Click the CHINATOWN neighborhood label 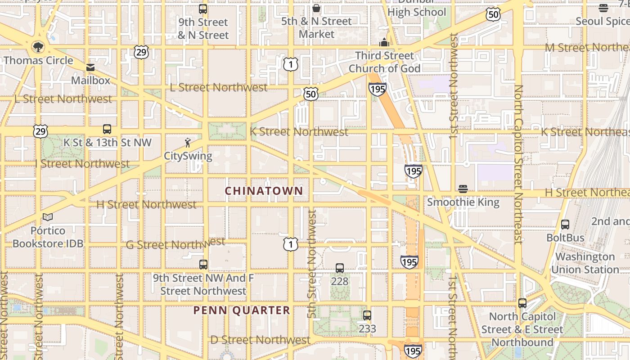[x=264, y=191]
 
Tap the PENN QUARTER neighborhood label [x=242, y=310]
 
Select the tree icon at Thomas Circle [x=38, y=47]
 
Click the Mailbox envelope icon [x=90, y=67]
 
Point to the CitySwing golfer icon [x=188, y=143]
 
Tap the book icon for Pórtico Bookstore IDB [x=48, y=217]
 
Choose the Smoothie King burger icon [x=463, y=189]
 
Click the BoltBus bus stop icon [x=565, y=224]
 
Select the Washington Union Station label [x=585, y=263]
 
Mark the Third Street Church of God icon [x=384, y=43]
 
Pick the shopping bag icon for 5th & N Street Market [x=316, y=8]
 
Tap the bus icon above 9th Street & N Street [x=203, y=9]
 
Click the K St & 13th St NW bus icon [x=107, y=129]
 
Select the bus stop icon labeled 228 [x=340, y=268]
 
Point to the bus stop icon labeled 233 [x=367, y=315]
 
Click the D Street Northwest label [x=260, y=340]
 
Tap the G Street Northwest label [x=175, y=244]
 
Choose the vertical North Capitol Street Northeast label [x=518, y=164]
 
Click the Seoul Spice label [x=603, y=21]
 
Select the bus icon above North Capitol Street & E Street [x=522, y=303]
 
